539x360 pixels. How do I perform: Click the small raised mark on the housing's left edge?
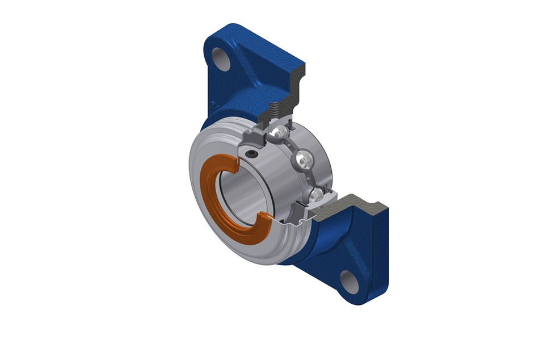coord(211,104)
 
